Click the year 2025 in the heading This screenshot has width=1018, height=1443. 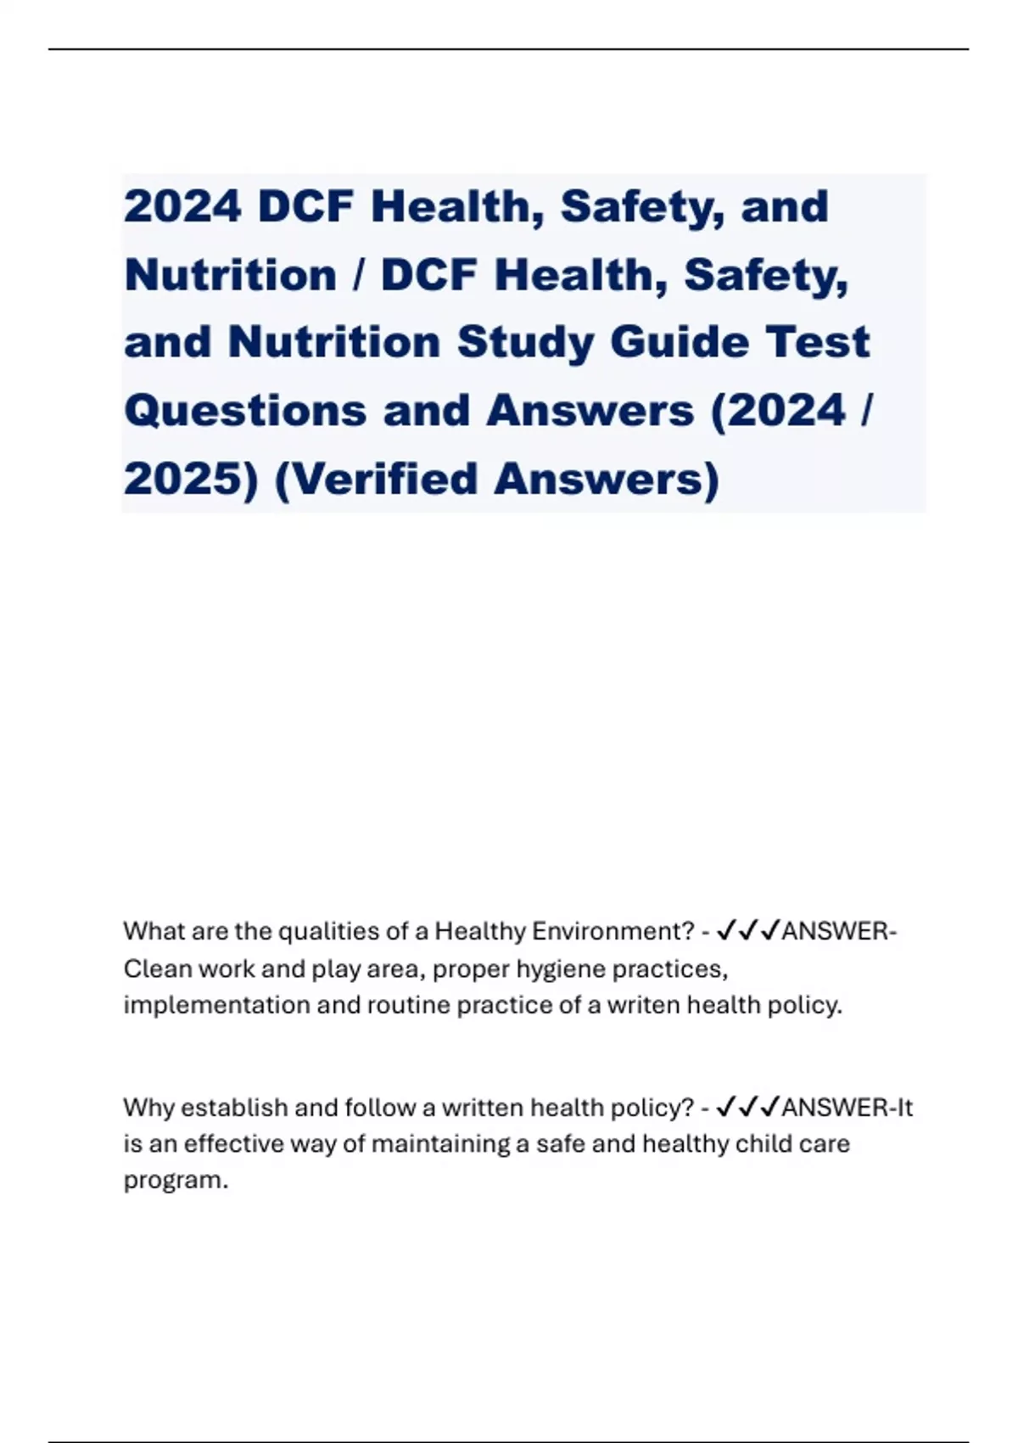(x=191, y=479)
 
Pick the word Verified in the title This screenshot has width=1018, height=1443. (x=384, y=479)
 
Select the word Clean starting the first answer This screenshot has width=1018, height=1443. (x=157, y=969)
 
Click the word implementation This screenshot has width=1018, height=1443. (x=216, y=1005)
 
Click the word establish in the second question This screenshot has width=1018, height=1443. (x=234, y=1108)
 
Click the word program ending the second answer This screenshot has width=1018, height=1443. (x=175, y=1181)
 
